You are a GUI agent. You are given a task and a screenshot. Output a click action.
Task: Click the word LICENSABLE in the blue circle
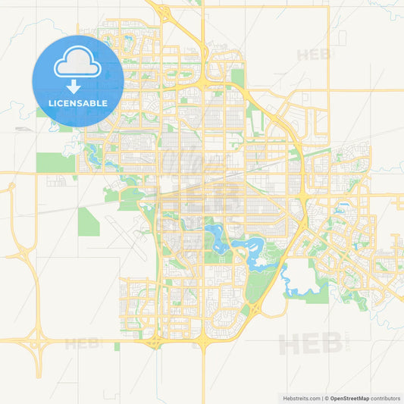(78, 102)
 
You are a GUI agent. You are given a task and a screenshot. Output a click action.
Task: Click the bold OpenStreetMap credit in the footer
(348, 397)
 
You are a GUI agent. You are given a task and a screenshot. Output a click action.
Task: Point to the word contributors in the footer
(385, 397)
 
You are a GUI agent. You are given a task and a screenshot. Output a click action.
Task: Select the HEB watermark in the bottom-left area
(83, 343)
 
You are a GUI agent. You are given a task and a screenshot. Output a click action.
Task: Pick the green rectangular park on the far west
(50, 162)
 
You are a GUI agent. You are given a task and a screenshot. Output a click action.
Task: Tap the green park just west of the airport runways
(87, 220)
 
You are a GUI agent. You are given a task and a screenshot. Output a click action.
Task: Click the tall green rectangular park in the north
(238, 77)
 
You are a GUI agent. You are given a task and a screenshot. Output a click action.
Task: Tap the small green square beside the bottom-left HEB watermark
(117, 346)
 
